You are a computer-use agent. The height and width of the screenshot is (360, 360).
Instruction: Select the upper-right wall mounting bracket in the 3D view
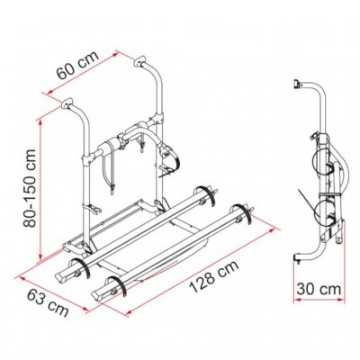click(x=142, y=63)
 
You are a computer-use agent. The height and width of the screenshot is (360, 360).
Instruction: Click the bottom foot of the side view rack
click(x=301, y=258)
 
